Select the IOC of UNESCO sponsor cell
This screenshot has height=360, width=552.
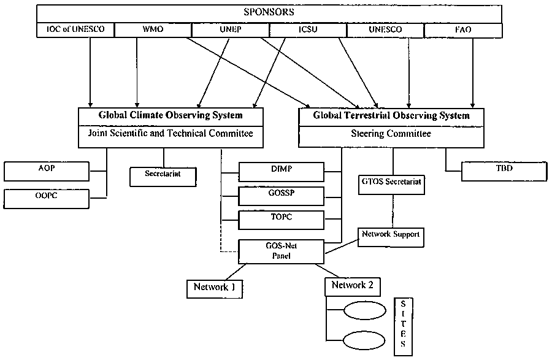click(x=75, y=30)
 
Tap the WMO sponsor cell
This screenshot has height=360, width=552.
click(x=152, y=30)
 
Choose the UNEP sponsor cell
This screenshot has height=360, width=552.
click(x=230, y=30)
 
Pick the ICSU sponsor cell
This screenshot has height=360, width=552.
click(x=308, y=30)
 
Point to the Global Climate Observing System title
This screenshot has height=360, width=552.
click(x=171, y=115)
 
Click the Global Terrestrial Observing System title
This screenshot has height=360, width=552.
click(x=391, y=115)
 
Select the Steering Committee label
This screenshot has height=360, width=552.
click(x=391, y=134)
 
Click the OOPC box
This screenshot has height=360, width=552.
click(x=47, y=197)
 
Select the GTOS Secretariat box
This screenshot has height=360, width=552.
click(x=391, y=182)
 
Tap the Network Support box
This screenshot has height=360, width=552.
click(x=391, y=234)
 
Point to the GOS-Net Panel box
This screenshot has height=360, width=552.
click(x=281, y=250)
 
